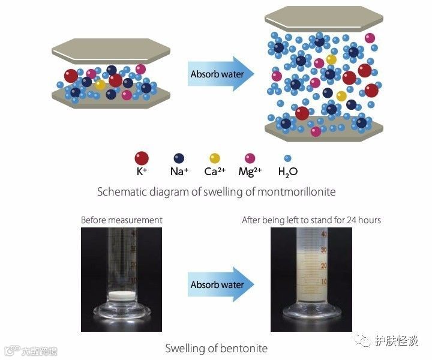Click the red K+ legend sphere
point(142,158)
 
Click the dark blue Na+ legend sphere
point(178,158)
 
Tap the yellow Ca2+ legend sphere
point(215,158)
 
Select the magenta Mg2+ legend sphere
point(250,158)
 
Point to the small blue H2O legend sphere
point(287,158)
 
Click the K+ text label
point(142,172)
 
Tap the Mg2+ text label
point(250,172)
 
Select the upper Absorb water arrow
point(219,74)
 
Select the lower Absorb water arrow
point(219,284)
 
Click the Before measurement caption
point(122,220)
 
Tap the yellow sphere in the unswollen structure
point(100,85)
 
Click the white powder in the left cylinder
point(121,295)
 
